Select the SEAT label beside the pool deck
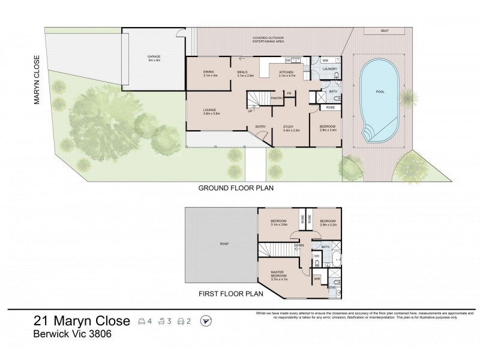(384, 30)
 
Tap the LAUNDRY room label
(329, 70)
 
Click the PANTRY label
(277, 98)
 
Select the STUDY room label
(290, 128)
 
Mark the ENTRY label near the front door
(260, 127)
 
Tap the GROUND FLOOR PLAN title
(236, 188)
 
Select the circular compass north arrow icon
(207, 322)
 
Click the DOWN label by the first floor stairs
(298, 245)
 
